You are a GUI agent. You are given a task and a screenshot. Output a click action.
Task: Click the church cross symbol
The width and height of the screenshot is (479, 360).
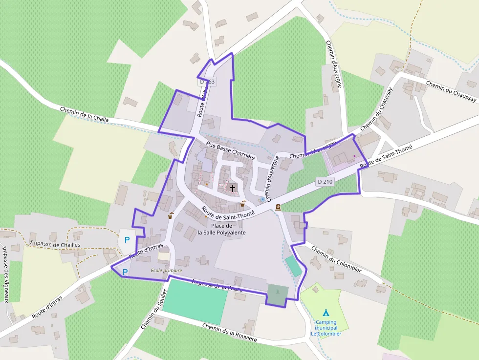(233, 188)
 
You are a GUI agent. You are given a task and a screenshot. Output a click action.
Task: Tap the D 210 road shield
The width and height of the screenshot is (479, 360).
(325, 182)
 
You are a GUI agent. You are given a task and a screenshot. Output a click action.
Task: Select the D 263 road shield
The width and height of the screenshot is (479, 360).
(207, 82)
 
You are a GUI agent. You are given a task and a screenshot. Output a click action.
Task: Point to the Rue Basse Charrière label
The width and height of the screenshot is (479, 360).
(231, 150)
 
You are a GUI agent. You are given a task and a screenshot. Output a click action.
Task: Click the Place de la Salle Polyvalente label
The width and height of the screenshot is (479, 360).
(221, 229)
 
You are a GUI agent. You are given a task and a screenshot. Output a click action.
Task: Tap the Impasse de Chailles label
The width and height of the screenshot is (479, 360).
(55, 244)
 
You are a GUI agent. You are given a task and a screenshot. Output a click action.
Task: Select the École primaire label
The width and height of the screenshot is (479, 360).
(166, 270)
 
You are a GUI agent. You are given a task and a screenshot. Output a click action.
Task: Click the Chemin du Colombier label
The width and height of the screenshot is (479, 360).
(336, 259)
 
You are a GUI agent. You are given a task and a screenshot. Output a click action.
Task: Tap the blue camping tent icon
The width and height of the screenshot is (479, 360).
(326, 313)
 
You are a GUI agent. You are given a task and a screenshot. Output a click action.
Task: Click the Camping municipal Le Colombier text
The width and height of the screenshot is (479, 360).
(326, 328)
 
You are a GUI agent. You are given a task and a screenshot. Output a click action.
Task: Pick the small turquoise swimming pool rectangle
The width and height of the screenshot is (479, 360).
(293, 266)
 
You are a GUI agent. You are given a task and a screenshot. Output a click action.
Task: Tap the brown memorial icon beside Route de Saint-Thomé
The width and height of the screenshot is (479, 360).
(278, 207)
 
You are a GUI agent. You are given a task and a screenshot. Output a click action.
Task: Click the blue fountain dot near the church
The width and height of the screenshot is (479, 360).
(262, 199)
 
